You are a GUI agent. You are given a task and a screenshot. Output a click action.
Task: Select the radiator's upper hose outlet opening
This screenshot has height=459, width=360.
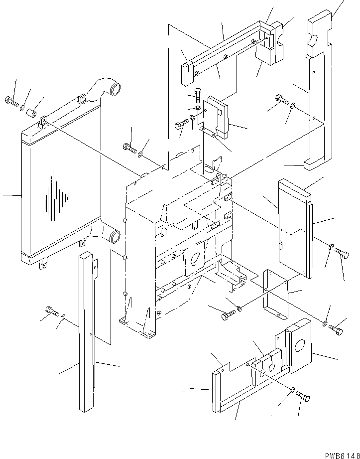pos(117,92)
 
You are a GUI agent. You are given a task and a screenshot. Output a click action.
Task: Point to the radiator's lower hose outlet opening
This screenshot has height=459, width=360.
pos(114,236)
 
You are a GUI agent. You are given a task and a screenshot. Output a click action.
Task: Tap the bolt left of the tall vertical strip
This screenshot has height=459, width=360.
pos(51,311)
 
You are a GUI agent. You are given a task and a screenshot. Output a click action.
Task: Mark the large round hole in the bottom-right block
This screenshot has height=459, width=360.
pos(301,345)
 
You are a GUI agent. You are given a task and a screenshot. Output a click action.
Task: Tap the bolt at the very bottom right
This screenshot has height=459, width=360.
pos(303,396)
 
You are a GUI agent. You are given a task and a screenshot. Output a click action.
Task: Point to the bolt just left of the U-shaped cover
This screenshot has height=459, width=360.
pos(227,314)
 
